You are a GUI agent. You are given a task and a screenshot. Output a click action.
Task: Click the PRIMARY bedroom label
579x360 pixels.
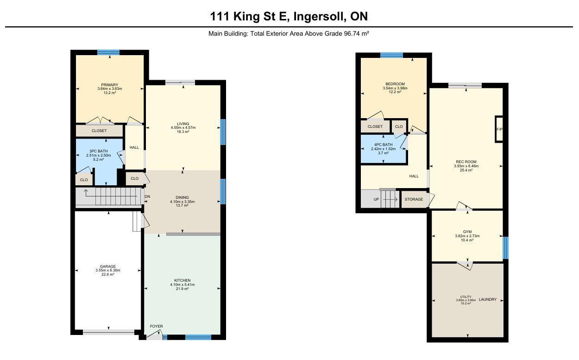(110, 85)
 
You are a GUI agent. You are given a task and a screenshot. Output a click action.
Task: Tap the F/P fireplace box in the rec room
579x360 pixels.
(499, 129)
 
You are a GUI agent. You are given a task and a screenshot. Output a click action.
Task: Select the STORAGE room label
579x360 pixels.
(414, 199)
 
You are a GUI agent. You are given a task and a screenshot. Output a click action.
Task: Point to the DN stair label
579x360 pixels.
(147, 196)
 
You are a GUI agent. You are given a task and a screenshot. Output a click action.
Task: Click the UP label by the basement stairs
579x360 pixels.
(376, 199)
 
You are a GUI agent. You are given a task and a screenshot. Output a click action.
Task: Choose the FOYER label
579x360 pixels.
(157, 326)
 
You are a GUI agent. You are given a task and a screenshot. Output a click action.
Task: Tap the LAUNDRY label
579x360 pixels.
(488, 299)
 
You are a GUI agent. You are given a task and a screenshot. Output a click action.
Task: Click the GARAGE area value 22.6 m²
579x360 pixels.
(108, 274)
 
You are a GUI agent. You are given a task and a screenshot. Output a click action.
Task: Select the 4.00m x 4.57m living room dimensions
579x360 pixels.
(183, 127)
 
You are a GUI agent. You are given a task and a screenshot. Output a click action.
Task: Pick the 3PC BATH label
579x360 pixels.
(99, 151)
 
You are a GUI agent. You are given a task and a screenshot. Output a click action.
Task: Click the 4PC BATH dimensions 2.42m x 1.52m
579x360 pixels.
(384, 149)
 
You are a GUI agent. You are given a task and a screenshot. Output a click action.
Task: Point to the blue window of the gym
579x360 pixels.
(506, 248)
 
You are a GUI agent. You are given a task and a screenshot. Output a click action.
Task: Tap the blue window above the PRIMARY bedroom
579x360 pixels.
(108, 52)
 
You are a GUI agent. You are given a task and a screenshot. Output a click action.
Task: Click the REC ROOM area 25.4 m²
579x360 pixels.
(466, 170)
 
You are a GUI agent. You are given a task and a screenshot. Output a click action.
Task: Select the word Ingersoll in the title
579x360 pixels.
(320, 17)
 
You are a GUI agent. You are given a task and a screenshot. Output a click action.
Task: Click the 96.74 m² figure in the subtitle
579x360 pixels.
(356, 34)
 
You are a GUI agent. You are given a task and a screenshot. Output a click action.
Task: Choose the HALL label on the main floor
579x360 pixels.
(134, 147)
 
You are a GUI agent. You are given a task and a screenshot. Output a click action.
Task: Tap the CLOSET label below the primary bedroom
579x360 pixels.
(99, 131)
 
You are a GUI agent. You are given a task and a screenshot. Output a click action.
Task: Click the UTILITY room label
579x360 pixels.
(466, 297)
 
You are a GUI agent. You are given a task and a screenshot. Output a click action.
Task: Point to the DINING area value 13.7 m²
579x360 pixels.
(182, 206)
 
